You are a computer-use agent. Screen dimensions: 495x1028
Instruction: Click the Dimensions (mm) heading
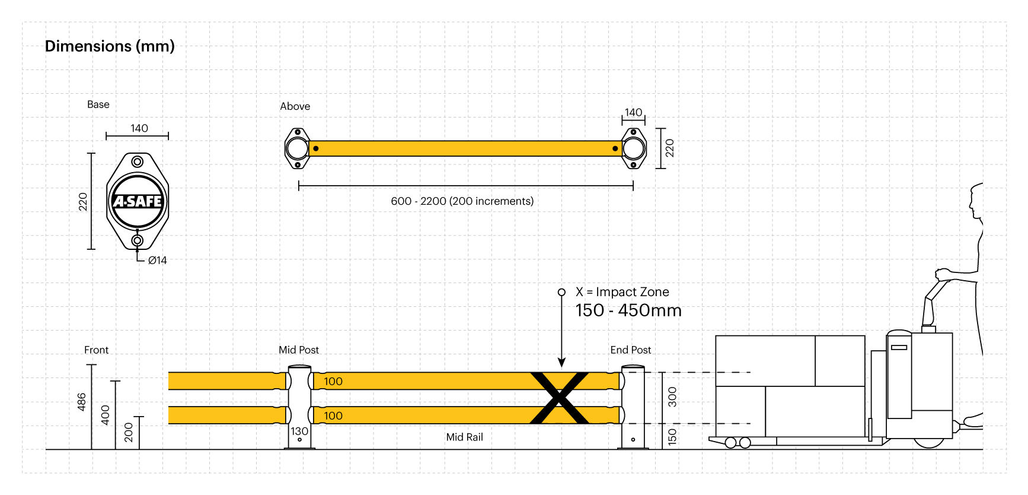(110, 46)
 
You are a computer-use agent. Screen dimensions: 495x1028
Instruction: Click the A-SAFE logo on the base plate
(138, 201)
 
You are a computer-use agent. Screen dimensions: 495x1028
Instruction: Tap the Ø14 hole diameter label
(157, 260)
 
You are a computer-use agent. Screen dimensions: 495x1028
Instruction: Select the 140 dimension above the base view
(139, 128)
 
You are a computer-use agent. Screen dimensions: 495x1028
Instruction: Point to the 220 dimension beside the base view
(83, 202)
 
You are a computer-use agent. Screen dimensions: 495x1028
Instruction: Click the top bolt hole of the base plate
(138, 161)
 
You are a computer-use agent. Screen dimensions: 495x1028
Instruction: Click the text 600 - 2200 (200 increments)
(462, 201)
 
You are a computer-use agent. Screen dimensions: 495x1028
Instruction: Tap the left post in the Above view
(297, 148)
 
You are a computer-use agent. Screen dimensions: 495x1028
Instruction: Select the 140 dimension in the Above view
(633, 112)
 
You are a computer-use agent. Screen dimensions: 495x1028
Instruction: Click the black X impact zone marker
(559, 398)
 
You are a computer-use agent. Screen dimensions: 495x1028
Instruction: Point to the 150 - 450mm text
(628, 310)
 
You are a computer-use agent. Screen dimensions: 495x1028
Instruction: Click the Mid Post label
(299, 350)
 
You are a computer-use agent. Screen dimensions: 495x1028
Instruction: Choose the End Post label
(630, 350)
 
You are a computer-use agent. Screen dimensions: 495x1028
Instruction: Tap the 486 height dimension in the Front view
(82, 402)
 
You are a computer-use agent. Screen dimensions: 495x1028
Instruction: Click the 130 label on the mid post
(299, 431)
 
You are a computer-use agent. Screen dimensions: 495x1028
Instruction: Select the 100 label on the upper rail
(333, 382)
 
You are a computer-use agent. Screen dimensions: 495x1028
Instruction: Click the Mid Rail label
(464, 437)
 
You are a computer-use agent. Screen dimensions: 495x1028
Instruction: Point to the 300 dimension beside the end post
(672, 396)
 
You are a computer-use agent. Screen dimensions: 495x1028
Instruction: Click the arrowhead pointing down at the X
(561, 363)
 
